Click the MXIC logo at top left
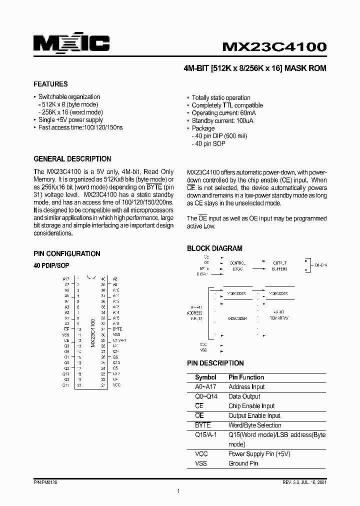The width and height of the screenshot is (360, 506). (71, 44)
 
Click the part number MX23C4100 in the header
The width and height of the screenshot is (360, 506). (274, 47)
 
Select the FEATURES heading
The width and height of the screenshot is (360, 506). (50, 84)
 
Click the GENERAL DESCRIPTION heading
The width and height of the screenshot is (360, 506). (72, 159)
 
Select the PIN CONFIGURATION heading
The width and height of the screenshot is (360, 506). (66, 253)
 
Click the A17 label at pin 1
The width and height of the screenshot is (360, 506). (66, 278)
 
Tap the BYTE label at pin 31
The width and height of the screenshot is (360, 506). (117, 329)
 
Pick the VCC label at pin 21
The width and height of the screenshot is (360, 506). (116, 385)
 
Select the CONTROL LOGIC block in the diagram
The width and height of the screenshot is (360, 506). (237, 265)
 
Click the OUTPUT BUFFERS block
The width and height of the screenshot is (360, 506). (279, 265)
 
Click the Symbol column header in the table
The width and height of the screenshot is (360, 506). (205, 377)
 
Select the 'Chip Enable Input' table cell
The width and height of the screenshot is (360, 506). (251, 406)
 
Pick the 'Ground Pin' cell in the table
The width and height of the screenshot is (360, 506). (243, 463)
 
